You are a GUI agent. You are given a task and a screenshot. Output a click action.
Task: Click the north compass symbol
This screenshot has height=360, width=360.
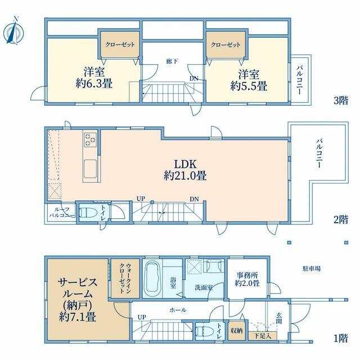pyautogui.click(x=13, y=31)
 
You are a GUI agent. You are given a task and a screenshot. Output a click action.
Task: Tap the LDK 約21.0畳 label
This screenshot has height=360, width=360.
pyautogui.click(x=185, y=170)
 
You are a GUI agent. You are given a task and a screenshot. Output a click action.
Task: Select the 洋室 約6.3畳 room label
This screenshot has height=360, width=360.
pyautogui.click(x=94, y=78)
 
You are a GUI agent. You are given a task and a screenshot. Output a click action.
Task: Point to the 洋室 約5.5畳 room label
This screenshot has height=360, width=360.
pyautogui.click(x=249, y=80)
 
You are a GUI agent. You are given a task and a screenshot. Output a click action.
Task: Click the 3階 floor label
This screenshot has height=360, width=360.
pyautogui.click(x=341, y=100)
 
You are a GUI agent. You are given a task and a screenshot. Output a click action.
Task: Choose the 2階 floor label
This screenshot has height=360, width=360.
pyautogui.click(x=341, y=219)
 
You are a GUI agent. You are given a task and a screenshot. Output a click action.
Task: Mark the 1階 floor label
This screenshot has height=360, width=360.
pyautogui.click(x=341, y=338)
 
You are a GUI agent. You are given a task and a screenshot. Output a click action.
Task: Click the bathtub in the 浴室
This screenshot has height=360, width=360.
pyautogui.click(x=152, y=278)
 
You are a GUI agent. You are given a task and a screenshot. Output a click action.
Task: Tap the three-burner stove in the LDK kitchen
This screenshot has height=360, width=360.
pyautogui.click(x=90, y=139)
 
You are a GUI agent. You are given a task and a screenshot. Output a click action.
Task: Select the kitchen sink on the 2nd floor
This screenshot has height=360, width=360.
pyautogui.click(x=90, y=169)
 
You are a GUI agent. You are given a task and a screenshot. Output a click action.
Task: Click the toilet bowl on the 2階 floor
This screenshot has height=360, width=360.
pyautogui.click(x=86, y=212)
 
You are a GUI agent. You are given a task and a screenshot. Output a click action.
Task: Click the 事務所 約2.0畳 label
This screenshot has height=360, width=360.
pyautogui.click(x=247, y=279)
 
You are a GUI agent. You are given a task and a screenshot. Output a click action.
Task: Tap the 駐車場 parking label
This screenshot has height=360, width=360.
pyautogui.click(x=312, y=268)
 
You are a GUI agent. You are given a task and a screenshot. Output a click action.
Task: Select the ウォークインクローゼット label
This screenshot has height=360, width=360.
pyautogui.click(x=125, y=278)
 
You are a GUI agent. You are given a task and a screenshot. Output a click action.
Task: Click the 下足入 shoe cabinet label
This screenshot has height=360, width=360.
pyautogui.click(x=263, y=336)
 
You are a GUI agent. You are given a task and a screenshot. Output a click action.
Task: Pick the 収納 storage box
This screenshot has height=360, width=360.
pyautogui.click(x=236, y=331)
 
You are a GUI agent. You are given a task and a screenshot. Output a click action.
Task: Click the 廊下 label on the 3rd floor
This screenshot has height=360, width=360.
pyautogui.click(x=172, y=61)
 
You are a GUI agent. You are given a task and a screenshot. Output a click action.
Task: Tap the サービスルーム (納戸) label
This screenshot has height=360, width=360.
pyautogui.click(x=78, y=299)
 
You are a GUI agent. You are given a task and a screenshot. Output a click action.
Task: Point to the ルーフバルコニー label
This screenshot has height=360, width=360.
pyautogui.click(x=62, y=213)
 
